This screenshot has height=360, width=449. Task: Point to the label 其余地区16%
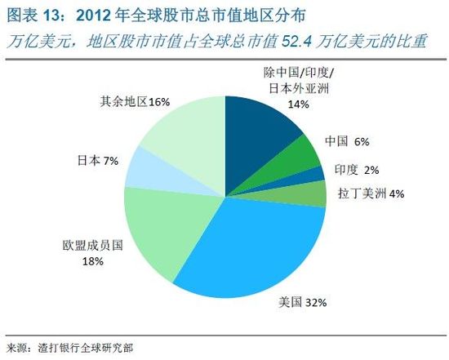click(134, 102)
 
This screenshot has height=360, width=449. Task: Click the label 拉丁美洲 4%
click(371, 193)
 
